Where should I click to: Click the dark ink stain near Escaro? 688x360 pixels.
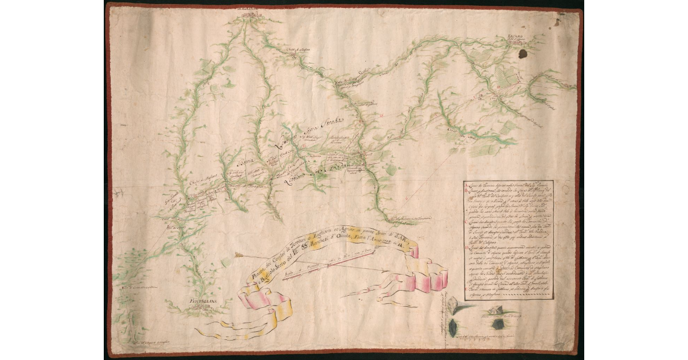(x=523, y=53)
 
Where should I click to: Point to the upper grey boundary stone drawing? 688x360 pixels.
(x=452, y=306)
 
